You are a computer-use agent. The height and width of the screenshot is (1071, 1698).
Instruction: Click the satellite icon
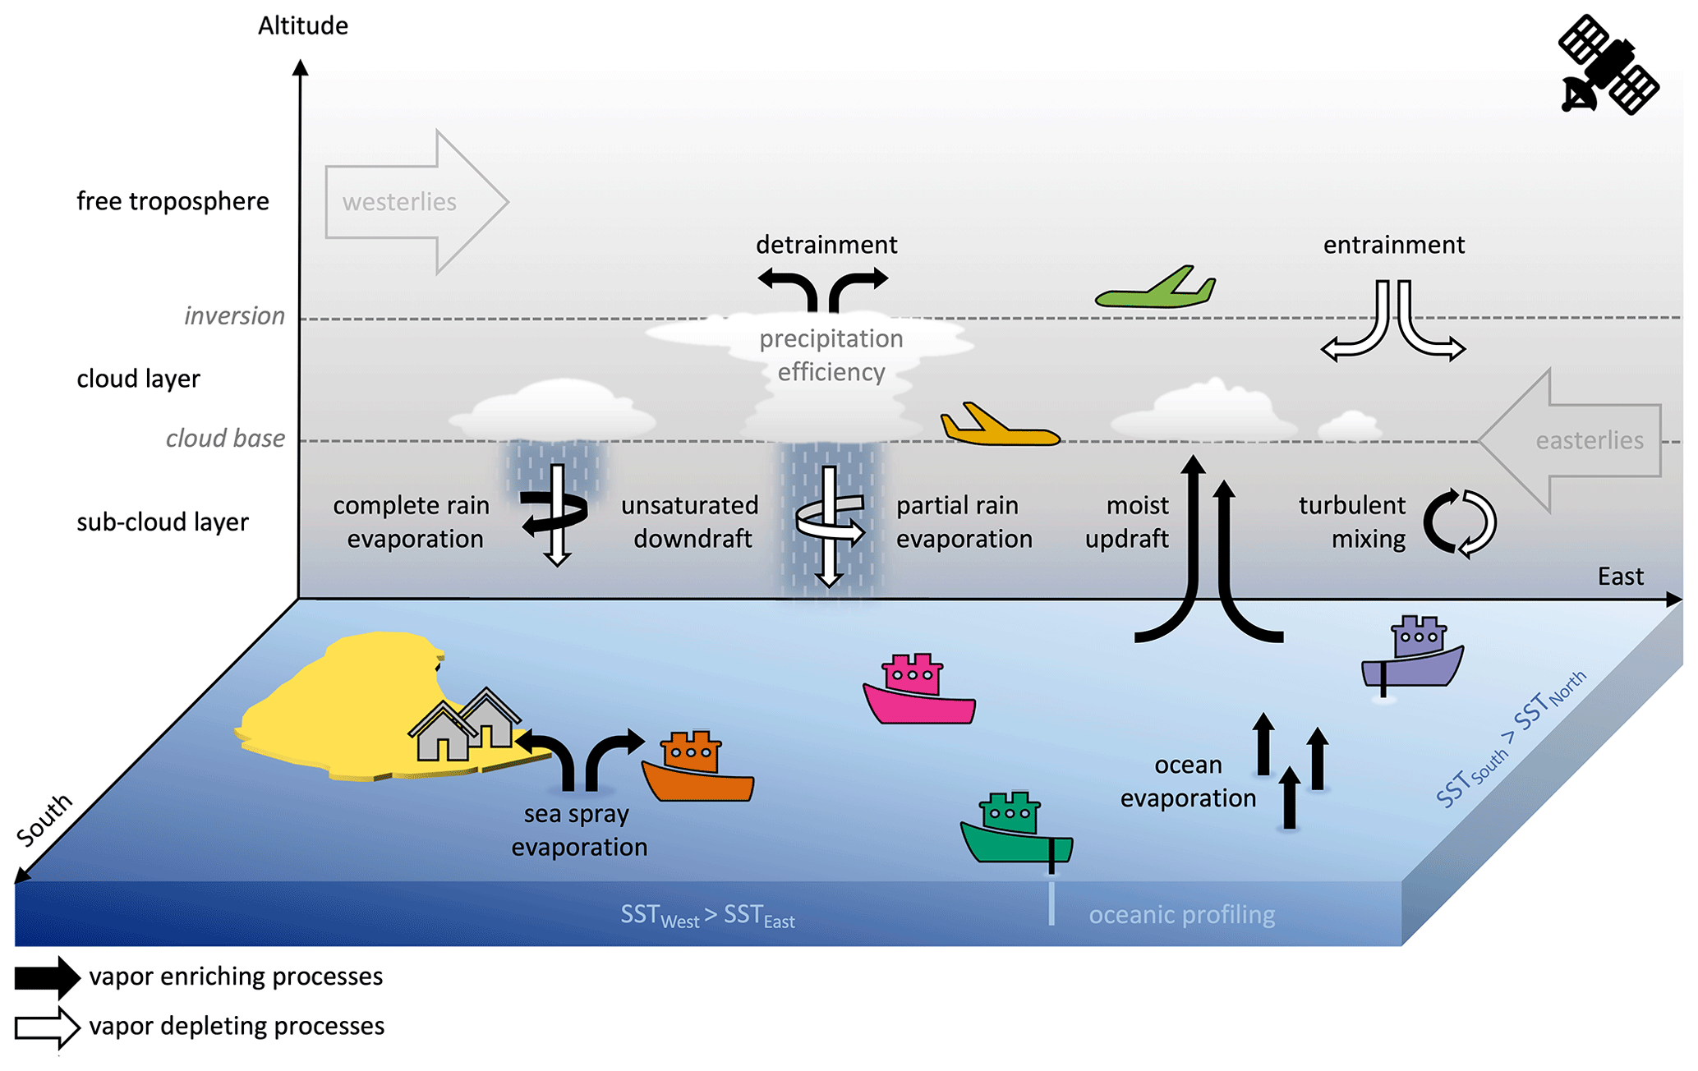[x=1608, y=65]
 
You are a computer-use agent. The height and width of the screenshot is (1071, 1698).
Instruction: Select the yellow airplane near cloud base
[x=998, y=427]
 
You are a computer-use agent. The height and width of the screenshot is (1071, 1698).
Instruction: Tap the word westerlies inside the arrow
[x=399, y=202]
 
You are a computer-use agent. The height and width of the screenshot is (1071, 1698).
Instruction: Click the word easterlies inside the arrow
[x=1589, y=441]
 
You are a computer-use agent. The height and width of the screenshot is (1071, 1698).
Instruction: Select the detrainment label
[x=826, y=245]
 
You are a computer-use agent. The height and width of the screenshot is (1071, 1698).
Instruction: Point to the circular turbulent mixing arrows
[x=1459, y=523]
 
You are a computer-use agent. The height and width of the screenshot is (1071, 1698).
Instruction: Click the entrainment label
[x=1393, y=245]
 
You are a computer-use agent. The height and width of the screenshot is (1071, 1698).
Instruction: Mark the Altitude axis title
[x=303, y=26]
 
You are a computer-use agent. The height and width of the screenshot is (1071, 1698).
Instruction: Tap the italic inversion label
[x=234, y=316]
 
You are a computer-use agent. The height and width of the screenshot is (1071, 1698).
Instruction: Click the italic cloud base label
[x=225, y=439]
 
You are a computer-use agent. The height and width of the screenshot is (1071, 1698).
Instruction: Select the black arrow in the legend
[x=48, y=977]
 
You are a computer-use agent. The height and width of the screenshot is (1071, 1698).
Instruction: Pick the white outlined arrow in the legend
[x=48, y=1027]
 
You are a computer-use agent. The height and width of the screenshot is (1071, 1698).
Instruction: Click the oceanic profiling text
[x=1181, y=915]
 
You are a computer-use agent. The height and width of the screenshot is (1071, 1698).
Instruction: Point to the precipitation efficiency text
[x=831, y=356]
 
